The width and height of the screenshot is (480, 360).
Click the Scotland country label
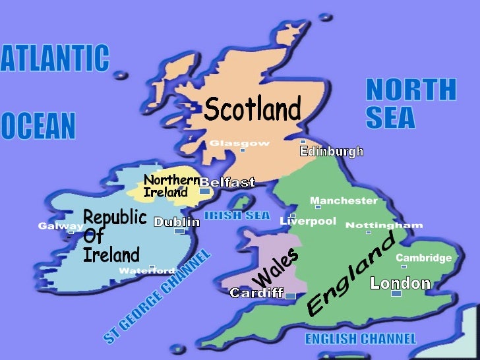252,109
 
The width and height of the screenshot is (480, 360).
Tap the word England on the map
351,273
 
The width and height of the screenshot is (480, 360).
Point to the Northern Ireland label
171,187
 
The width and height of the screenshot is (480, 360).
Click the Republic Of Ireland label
113,236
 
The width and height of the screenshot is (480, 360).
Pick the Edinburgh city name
332,152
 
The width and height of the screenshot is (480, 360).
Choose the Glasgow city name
239,143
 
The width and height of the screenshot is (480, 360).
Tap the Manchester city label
344,200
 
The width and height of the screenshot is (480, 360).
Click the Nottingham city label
384,225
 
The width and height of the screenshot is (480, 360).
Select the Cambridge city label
423,258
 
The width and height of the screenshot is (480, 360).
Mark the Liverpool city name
308,221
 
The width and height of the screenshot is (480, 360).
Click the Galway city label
61,226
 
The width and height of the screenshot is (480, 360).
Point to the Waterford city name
146,271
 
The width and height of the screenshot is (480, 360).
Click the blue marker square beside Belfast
204,191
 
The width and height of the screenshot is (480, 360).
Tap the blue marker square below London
396,293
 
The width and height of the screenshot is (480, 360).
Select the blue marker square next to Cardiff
290,296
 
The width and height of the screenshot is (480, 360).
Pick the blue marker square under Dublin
179,231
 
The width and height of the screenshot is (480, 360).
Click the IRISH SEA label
237,215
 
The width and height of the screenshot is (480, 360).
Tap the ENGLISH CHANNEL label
360,339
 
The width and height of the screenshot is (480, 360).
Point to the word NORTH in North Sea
410,90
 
